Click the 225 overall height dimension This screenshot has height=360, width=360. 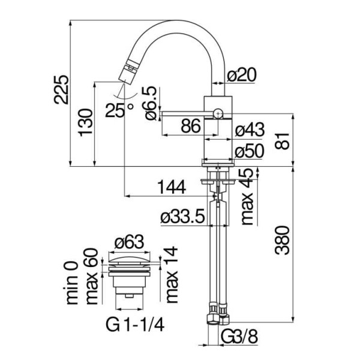click(61, 89)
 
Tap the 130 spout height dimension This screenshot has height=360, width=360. click(86, 122)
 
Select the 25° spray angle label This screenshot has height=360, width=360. click(119, 110)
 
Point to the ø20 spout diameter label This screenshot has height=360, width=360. click(241, 75)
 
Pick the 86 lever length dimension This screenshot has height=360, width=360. click(191, 126)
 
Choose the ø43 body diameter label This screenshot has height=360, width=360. click(250, 129)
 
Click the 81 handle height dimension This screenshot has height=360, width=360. click(282, 141)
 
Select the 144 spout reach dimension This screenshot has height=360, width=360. click(172, 187)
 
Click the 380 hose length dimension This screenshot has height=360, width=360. click(282, 241)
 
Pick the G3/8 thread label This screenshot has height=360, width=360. click(239, 337)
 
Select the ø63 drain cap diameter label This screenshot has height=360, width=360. click(130, 242)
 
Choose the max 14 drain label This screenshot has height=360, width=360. click(172, 275)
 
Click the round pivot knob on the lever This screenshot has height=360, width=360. click(218, 113)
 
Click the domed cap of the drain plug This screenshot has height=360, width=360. click(129, 260)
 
